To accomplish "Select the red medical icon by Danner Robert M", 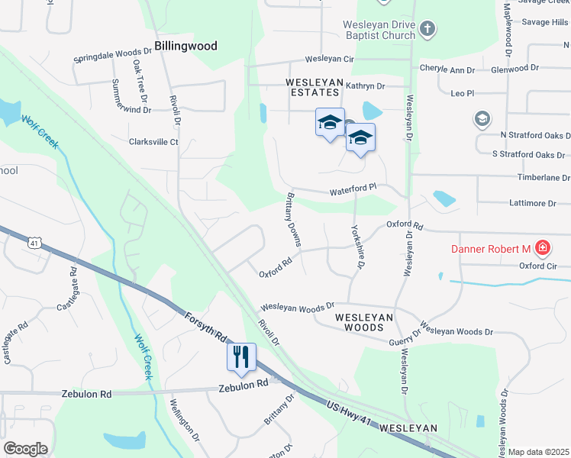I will [x=542, y=247].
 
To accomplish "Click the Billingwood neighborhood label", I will [x=185, y=46].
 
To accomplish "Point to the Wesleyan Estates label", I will [x=312, y=86].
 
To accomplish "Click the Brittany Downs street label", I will [x=294, y=218].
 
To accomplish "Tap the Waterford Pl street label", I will [x=353, y=186].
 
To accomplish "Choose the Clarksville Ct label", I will [x=153, y=142].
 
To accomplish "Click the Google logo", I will [x=25, y=449].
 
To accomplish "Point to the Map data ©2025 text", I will [x=538, y=452].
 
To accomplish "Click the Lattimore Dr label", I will [x=532, y=204].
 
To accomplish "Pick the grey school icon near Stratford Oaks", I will [x=482, y=118].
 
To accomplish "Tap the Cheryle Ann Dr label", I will [x=447, y=69].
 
